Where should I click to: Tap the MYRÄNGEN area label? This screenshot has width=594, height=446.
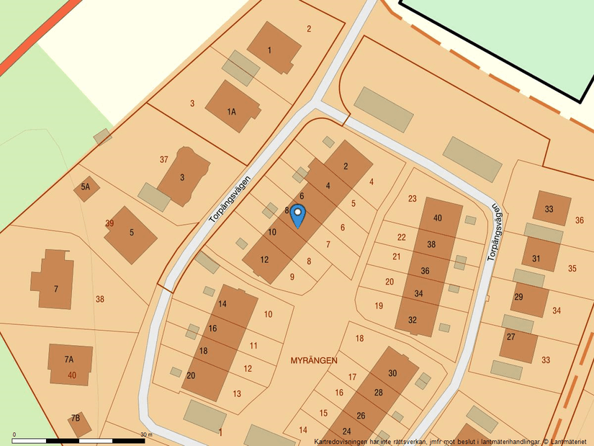314,359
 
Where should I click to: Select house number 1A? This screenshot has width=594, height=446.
232,112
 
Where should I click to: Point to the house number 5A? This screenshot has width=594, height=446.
86,187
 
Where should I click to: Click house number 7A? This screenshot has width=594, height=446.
69,359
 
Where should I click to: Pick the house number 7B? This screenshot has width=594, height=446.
76,418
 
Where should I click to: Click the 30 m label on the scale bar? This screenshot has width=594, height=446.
146,434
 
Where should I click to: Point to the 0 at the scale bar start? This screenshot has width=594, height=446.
14,434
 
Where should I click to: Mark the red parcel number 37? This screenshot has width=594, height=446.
164,159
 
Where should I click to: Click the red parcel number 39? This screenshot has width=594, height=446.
109,223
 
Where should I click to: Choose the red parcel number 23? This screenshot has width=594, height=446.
413,198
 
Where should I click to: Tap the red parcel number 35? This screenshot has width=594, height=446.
572,269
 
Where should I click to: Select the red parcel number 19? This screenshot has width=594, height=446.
379,305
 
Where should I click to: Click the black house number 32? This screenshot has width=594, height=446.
413,320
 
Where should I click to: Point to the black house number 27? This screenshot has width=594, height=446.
511,336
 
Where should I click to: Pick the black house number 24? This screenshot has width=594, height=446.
357,430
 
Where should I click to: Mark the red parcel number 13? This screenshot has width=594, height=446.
237,393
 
